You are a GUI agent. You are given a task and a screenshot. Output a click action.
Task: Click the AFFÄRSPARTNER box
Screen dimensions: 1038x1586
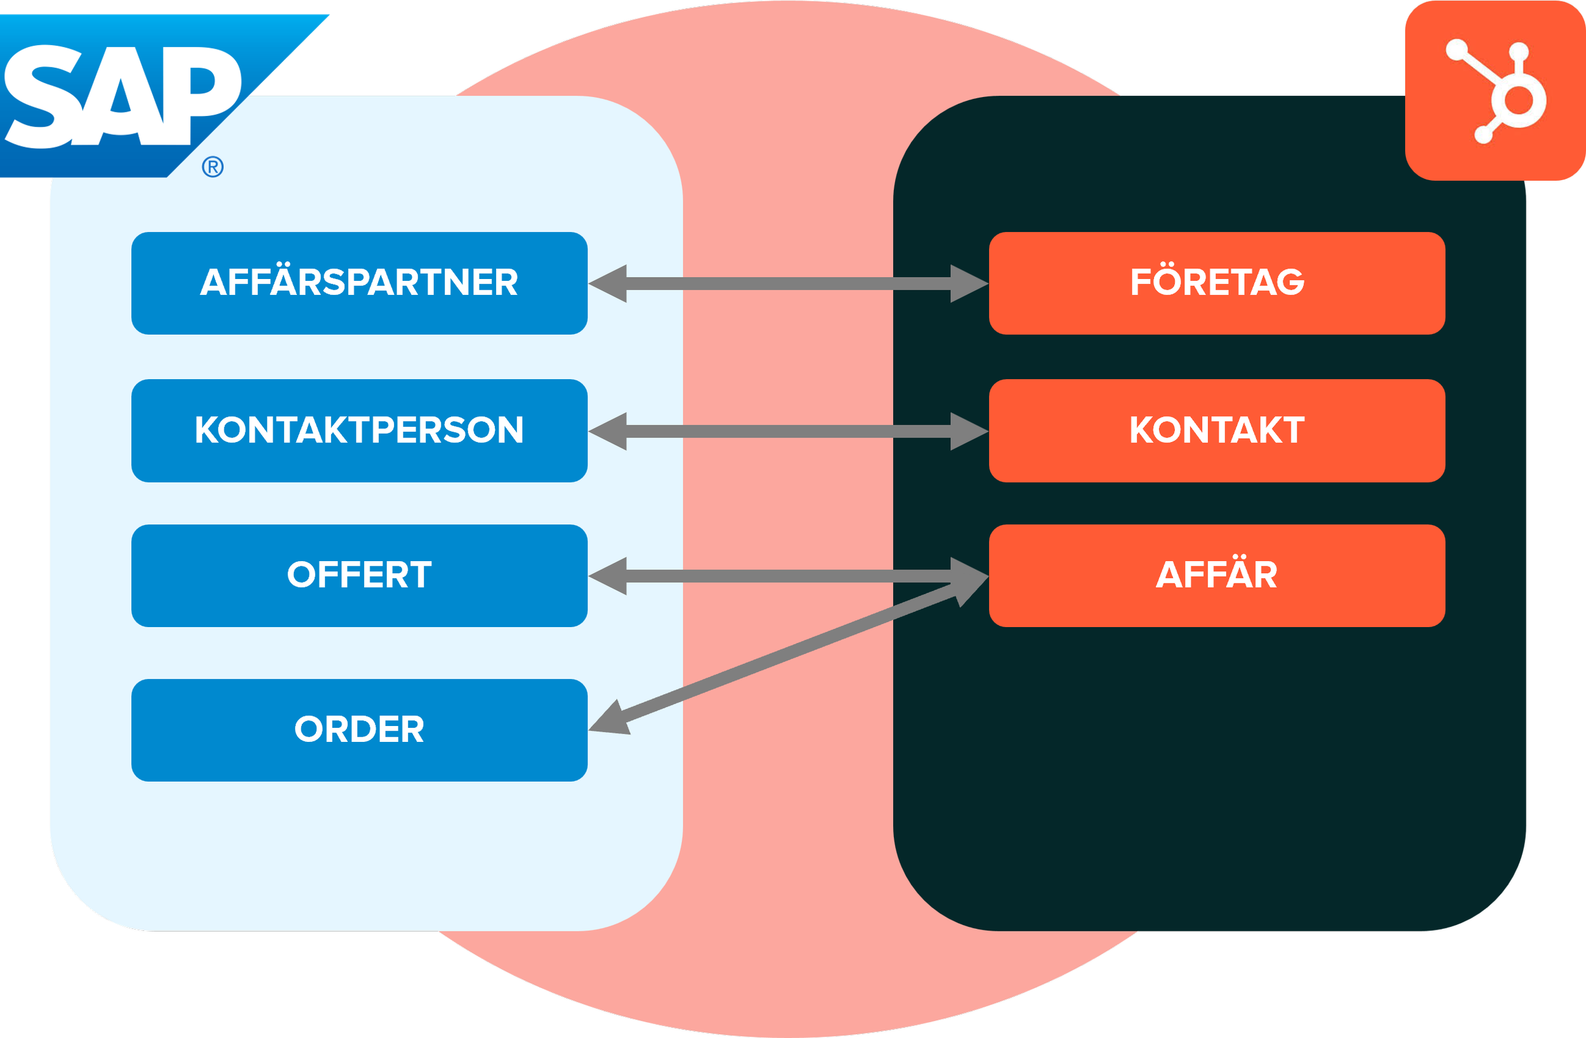pos(359,283)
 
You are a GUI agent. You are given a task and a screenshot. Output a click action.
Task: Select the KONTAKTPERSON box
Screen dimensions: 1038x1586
pos(359,431)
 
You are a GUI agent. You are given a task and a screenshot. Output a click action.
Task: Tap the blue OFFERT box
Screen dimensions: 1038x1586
pos(359,576)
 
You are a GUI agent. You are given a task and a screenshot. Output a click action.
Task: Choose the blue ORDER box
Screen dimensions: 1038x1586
pos(359,730)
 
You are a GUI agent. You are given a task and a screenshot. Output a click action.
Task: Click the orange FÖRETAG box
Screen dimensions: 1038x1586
pos(1217,283)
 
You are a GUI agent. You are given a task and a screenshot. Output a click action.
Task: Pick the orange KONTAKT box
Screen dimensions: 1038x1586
pos(1217,431)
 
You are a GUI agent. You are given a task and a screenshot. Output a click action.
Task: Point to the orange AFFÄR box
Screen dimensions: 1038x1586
pos(1217,576)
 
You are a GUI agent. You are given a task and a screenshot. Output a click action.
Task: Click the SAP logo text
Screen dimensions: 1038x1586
pos(123,96)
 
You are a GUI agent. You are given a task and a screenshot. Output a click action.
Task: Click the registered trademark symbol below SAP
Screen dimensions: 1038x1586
pos(213,167)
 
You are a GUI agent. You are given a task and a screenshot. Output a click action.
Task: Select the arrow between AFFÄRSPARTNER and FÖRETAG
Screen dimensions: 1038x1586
pos(789,284)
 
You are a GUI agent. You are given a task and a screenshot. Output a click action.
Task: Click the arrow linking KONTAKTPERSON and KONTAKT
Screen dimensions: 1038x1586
pos(789,432)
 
